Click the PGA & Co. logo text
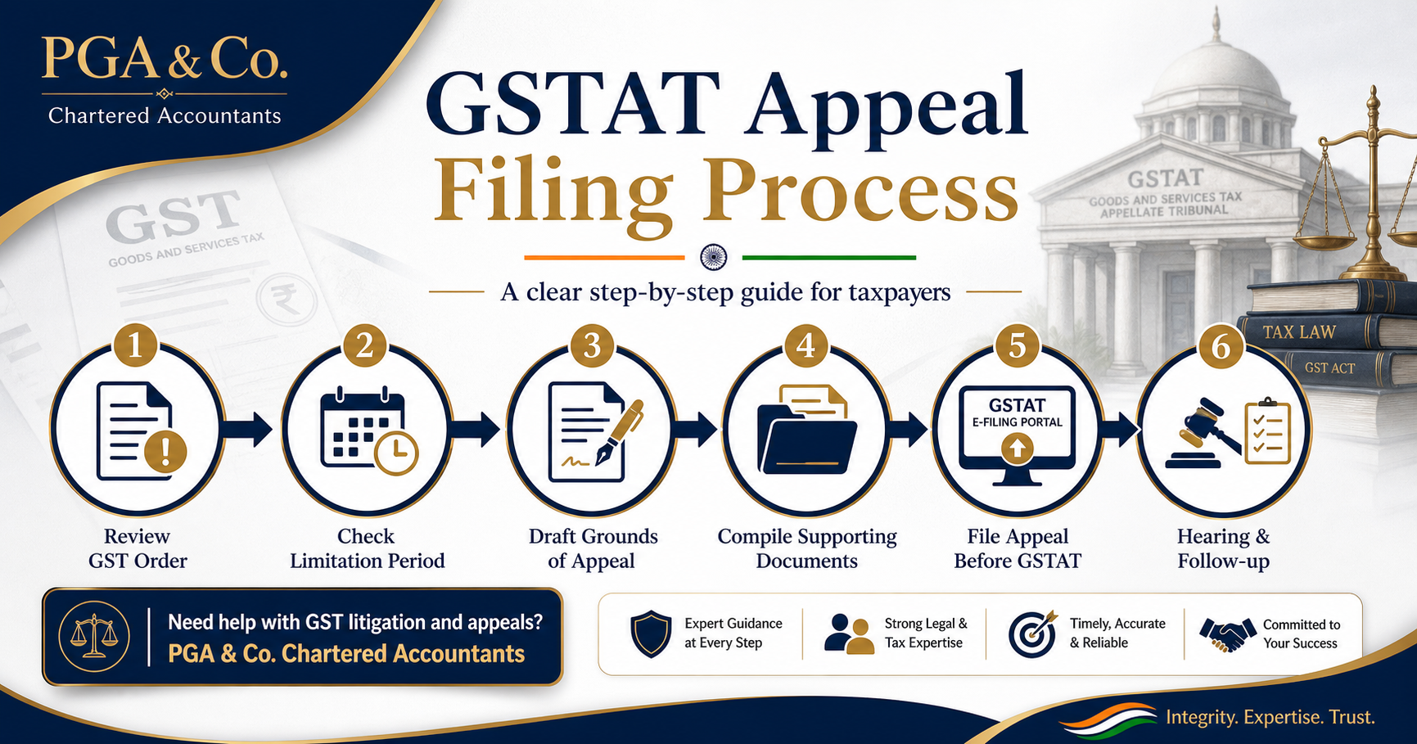165,58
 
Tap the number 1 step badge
136,345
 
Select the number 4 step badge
806,345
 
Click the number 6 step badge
1221,346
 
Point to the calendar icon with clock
368,431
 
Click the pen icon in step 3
619,432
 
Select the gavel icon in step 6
1202,434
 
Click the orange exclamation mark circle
165,449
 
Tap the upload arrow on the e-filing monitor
1017,448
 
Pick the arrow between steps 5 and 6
1120,429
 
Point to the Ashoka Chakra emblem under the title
714,257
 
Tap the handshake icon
1227,634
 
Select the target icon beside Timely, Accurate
1032,634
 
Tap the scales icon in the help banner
94,636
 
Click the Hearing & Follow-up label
1223,548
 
